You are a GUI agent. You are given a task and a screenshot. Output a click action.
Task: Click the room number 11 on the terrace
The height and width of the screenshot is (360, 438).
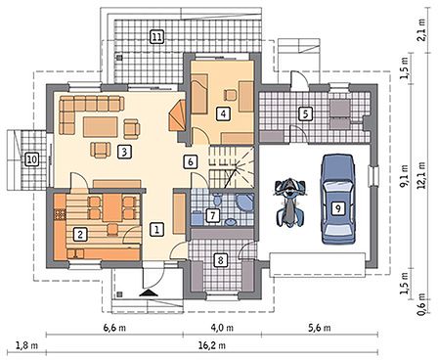point(156,36)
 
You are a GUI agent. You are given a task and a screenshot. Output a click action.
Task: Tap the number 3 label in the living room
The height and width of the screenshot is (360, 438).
point(124,152)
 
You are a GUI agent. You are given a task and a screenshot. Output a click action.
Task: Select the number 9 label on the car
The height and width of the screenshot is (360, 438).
point(338,207)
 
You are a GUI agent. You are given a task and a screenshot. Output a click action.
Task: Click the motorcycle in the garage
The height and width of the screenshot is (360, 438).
point(289,202)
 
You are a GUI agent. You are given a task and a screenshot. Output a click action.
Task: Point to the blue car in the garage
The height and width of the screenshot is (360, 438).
point(338,200)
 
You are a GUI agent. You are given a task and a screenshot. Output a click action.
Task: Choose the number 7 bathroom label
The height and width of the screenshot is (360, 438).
point(212,215)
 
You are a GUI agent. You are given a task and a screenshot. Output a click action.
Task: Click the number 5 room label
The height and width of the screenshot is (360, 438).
point(305,114)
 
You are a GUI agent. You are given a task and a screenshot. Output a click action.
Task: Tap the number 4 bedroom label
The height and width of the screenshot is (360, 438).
point(223,113)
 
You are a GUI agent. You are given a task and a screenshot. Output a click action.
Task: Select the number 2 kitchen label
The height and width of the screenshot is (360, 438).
point(80,234)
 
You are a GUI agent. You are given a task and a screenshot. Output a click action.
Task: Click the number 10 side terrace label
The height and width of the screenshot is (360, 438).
point(32,159)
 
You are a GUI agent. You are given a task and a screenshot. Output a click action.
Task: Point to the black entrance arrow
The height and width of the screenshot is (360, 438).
point(149,292)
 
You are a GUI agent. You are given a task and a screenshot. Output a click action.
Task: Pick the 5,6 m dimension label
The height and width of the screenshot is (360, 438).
point(320,328)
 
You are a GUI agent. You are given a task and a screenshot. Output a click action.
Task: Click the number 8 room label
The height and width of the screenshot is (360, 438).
point(221,260)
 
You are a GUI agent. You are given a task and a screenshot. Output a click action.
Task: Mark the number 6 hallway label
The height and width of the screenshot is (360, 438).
point(191,162)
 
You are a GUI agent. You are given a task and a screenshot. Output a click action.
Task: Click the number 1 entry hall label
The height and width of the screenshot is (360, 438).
point(156,229)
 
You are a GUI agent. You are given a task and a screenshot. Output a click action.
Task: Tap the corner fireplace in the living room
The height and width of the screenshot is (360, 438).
point(177,115)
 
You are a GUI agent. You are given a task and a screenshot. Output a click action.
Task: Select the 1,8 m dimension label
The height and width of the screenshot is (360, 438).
point(26,345)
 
